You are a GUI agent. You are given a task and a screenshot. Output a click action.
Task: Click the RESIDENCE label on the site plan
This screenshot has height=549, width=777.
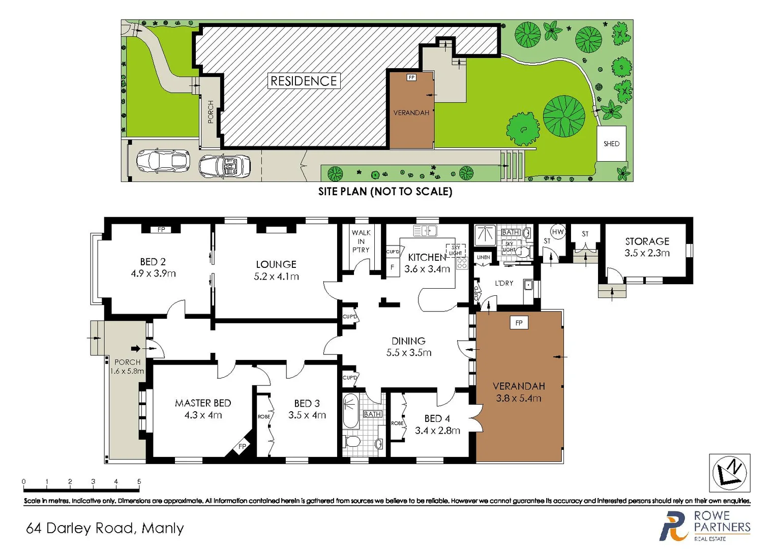click(x=304, y=81)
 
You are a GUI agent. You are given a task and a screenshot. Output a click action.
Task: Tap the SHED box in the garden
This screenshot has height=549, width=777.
click(x=611, y=144)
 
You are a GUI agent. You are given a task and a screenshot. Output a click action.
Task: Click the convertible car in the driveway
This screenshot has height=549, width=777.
click(x=224, y=166)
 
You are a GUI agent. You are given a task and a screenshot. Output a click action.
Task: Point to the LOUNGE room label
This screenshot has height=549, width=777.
click(x=276, y=264)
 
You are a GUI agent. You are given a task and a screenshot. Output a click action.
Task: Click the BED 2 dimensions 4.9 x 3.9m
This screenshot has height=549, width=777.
click(x=153, y=273)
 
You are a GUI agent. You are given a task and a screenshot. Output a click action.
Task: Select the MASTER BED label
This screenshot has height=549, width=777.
click(x=203, y=403)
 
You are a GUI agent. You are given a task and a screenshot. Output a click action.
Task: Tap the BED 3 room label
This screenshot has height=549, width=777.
click(x=307, y=403)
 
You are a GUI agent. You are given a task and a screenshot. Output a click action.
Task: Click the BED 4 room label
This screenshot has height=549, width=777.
click(x=437, y=418)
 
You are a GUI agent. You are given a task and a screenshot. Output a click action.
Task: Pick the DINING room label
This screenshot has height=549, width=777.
click(x=408, y=341)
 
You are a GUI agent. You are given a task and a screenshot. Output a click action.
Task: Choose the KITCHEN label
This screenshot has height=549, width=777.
click(x=427, y=257)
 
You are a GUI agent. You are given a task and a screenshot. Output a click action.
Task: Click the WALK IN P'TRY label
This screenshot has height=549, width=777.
click(x=361, y=241)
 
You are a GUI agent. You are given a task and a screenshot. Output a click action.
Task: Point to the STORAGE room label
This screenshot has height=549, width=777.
click(x=647, y=241)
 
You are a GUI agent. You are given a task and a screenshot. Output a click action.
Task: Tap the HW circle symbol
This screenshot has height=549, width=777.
click(x=558, y=232)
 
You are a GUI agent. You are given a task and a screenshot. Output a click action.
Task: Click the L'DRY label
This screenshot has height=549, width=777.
click(x=504, y=283)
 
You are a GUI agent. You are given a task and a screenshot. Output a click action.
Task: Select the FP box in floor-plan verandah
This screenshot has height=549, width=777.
click(x=519, y=323)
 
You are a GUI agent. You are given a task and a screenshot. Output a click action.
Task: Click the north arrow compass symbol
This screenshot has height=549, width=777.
click(x=730, y=473)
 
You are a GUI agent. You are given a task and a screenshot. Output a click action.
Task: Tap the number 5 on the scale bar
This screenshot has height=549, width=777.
click(x=139, y=481)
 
